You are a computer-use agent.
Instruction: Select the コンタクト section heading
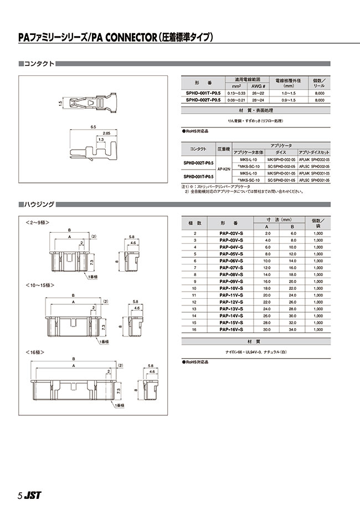tap(39, 64)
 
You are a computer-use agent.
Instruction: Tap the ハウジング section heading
tap(39, 205)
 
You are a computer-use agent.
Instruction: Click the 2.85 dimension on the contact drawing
tap(106, 134)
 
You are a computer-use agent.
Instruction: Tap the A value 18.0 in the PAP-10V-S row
tap(266, 288)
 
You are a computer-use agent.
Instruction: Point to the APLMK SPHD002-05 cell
tap(314, 159)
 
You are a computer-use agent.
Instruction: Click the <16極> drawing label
tap(35, 352)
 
